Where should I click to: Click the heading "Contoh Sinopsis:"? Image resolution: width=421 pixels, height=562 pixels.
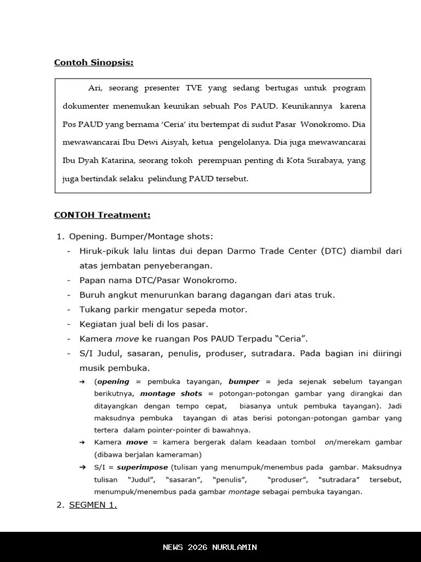click(94, 63)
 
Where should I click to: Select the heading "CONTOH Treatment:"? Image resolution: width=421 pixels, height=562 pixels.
click(102, 215)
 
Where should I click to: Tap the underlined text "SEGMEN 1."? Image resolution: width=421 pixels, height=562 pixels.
click(93, 505)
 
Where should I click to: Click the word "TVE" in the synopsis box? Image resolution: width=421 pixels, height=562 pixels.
click(194, 88)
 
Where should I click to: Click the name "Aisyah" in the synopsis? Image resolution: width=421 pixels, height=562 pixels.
click(171, 143)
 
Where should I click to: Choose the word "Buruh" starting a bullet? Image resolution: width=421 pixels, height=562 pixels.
click(92, 295)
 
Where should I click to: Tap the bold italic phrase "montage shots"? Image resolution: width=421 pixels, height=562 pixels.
click(171, 394)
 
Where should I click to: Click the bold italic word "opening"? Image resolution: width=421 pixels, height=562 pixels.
click(113, 381)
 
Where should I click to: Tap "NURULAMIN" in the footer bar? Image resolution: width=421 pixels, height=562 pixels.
click(236, 547)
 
